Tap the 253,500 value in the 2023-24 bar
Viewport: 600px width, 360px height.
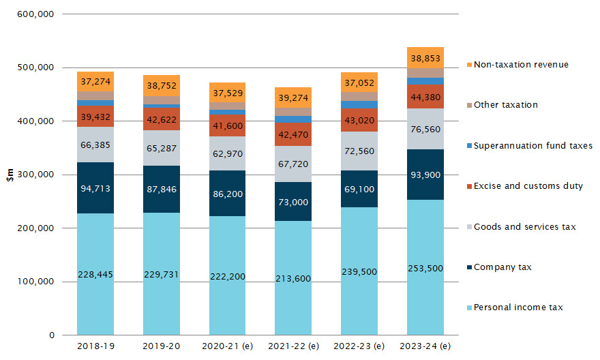pyautogui.click(x=425, y=268)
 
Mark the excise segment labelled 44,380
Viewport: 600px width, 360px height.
pyautogui.click(x=425, y=96)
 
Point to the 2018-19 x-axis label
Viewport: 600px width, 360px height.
pyautogui.click(x=95, y=346)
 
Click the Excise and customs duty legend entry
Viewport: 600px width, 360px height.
pyautogui.click(x=528, y=185)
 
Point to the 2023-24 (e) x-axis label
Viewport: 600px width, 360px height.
pyautogui.click(x=425, y=346)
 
